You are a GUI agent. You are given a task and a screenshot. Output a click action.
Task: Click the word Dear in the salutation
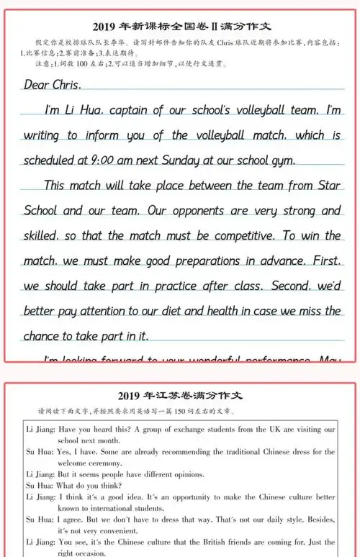37,85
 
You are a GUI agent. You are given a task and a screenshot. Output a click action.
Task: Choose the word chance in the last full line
45,336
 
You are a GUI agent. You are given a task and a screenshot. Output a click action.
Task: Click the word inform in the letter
111,135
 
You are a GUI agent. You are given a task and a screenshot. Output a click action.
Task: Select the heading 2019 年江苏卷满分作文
180,396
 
